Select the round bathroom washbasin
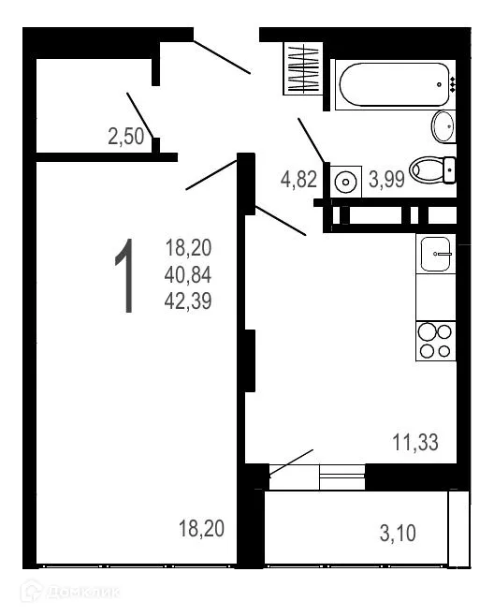coord(443,125)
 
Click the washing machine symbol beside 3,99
coord(347,180)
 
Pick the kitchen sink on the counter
coord(437,254)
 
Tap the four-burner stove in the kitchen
coord(436,341)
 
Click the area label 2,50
coord(126,137)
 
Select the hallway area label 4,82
coord(299,179)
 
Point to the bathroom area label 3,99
coord(385,179)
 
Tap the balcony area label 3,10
coord(398,535)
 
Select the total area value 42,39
coord(189,301)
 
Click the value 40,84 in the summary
coord(189,275)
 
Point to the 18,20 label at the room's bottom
coord(201,529)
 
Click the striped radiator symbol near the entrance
coord(304,68)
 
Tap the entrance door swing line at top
coord(222,56)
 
